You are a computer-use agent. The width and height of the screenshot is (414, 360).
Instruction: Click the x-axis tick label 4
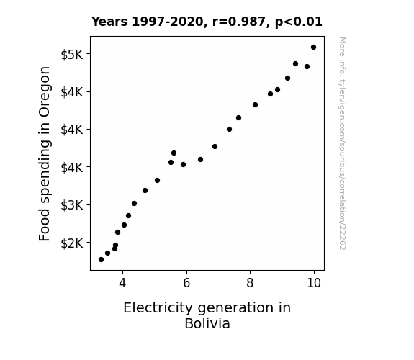(x=122, y=283)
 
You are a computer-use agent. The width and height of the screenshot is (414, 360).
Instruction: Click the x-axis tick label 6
(x=186, y=283)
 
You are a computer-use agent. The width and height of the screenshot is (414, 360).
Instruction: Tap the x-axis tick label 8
(x=250, y=283)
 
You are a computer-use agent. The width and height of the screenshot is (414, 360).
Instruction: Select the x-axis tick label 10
(x=314, y=283)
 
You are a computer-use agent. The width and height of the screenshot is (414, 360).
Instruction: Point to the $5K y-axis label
(x=72, y=55)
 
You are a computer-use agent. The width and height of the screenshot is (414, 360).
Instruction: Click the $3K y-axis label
(x=72, y=205)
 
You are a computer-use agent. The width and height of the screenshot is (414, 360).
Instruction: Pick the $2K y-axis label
(x=72, y=243)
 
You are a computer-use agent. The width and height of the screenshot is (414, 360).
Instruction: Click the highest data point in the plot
(x=313, y=48)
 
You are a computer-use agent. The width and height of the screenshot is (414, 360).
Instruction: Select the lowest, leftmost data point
(x=101, y=260)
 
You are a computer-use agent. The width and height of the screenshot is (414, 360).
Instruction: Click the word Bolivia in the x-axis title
(x=207, y=323)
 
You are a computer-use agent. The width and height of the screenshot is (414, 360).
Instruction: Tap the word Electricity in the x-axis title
(x=158, y=308)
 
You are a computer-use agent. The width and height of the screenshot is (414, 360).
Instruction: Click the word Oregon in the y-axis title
(x=44, y=91)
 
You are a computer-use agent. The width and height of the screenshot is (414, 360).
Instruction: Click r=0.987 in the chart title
(x=239, y=22)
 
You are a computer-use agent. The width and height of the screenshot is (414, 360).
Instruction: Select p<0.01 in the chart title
(x=299, y=22)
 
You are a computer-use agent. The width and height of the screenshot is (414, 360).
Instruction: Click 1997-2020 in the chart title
(x=167, y=22)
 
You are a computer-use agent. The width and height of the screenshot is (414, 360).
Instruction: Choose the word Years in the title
(x=109, y=22)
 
